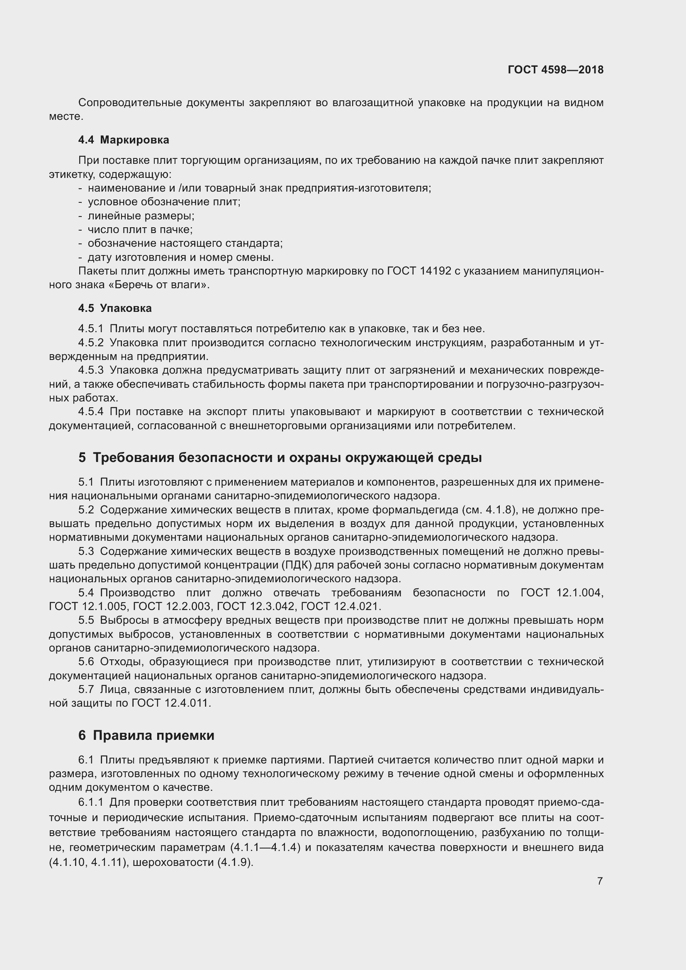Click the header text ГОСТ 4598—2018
pyautogui.click(x=555, y=70)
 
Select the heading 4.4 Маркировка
pyautogui.click(x=123, y=140)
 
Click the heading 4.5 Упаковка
pyautogui.click(x=115, y=308)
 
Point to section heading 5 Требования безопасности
pyautogui.click(x=280, y=457)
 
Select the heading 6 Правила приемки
pyautogui.click(x=146, y=735)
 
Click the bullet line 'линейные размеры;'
pyautogui.click(x=141, y=216)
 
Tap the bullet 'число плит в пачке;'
pyautogui.click(x=140, y=229)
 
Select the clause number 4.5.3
pyautogui.click(x=91, y=370)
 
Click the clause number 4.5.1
pyautogui.click(x=91, y=329)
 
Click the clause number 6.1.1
pyautogui.click(x=91, y=802)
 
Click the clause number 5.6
pyautogui.click(x=86, y=661)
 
